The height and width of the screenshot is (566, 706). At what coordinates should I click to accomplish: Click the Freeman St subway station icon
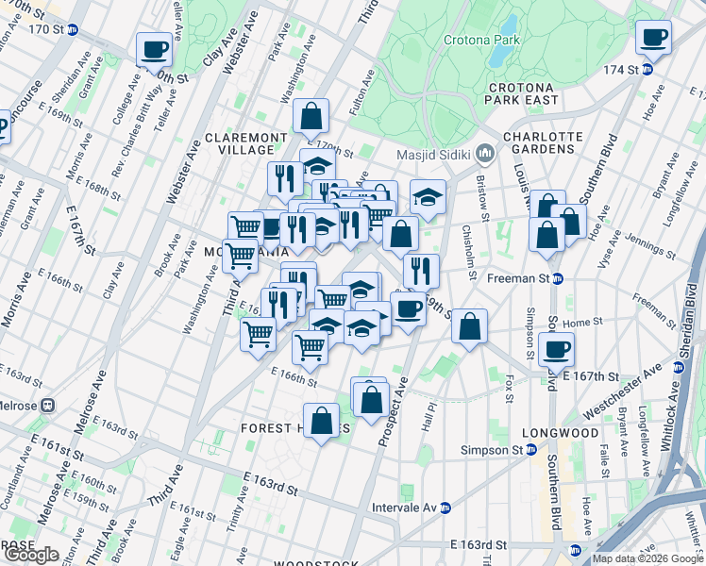point(558,278)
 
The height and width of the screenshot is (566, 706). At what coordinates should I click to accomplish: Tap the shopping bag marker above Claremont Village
point(311,116)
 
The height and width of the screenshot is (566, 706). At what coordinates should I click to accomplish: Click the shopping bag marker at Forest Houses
point(322,421)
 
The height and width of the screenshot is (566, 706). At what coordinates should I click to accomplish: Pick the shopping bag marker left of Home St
point(469,326)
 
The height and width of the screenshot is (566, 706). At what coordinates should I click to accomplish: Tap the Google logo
point(31,555)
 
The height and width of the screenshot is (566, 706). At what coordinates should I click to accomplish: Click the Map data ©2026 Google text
point(647,558)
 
